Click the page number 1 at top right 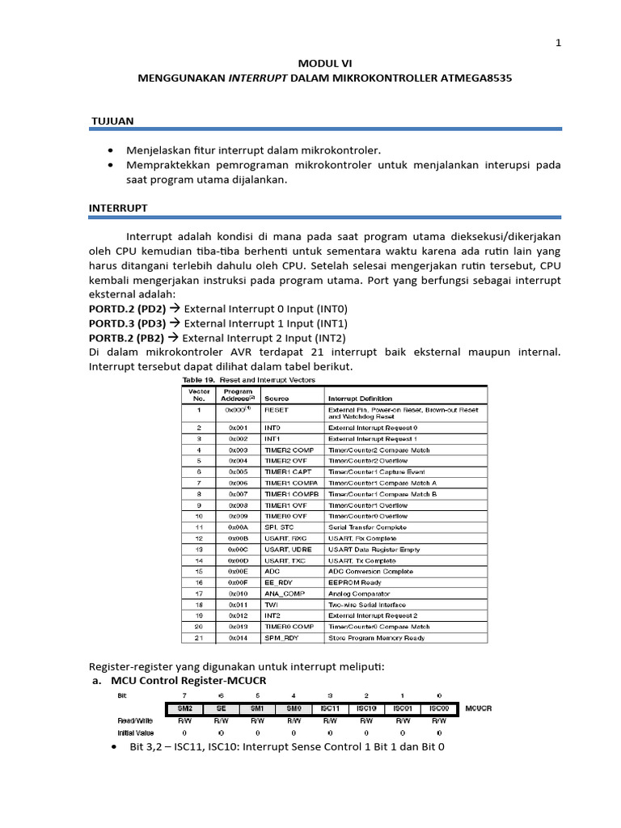558,43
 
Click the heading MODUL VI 324,62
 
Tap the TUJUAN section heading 112,120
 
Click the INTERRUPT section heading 118,208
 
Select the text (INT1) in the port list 332,323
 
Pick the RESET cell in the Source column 277,410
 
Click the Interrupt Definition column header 361,398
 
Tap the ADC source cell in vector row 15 272,571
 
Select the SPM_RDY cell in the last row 281,637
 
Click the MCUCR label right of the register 479,708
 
